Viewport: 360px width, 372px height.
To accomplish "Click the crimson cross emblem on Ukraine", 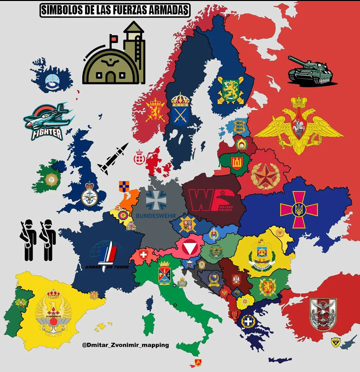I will pos(299,209).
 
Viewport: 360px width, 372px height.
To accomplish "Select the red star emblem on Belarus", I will pos(265,175).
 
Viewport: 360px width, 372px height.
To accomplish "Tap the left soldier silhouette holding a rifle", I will pos(28,239).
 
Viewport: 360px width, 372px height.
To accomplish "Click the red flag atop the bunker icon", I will pos(113,38).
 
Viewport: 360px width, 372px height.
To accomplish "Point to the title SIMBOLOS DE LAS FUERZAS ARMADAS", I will pos(114,10).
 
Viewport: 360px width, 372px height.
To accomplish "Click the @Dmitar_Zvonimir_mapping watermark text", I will pos(125,345).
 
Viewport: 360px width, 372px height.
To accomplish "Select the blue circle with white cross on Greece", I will pos(248,321).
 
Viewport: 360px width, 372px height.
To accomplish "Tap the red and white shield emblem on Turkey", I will pos(323,314).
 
